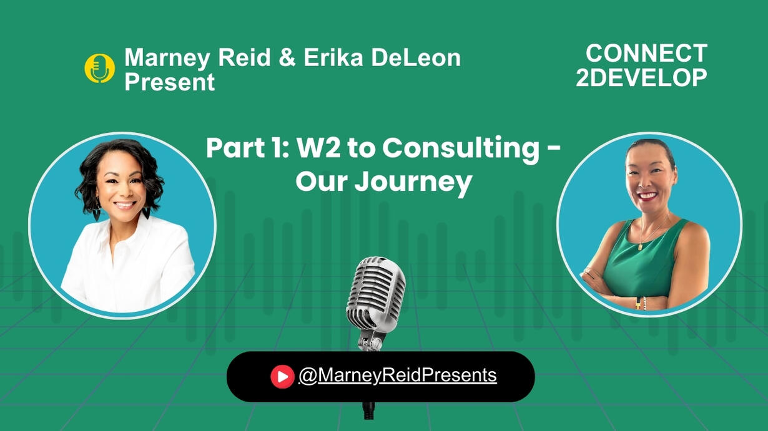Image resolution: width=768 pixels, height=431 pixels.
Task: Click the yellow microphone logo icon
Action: pos(99,68)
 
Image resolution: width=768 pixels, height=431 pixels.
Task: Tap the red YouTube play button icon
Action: pos(282,377)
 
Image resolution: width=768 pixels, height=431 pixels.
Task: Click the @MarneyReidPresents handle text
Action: pos(398,375)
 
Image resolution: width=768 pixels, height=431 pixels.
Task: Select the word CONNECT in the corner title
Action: pos(647,54)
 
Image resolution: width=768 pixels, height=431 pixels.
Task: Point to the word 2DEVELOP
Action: pos(641,77)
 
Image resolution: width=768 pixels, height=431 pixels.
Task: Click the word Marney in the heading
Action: pos(167,58)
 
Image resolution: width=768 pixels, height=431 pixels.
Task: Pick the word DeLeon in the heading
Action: pos(416,57)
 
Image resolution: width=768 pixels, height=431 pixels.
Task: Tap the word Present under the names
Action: pos(169,82)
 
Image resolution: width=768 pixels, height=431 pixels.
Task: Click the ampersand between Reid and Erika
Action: pos(287,57)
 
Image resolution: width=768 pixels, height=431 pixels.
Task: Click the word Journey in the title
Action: pos(413,182)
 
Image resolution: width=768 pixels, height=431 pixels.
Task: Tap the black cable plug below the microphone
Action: pos(369,410)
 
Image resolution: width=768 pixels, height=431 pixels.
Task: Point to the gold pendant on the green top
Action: pos(640,246)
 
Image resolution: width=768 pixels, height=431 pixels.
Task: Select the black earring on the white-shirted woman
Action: pos(146,213)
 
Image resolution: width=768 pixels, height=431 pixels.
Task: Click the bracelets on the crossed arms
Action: pos(641,303)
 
